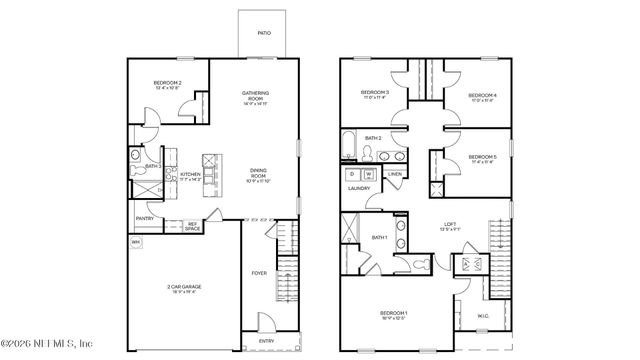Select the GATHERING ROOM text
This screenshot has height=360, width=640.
coord(255,97)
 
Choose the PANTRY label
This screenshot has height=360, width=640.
coord(144,217)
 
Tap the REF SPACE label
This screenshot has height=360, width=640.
coord(193,227)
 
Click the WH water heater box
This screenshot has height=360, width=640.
coord(135,242)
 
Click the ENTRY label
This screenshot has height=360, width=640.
coord(266,341)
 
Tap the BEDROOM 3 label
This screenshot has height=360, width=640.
coord(374,96)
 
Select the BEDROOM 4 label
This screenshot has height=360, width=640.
coord(483,96)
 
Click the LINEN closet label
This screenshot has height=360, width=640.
coord(395,174)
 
